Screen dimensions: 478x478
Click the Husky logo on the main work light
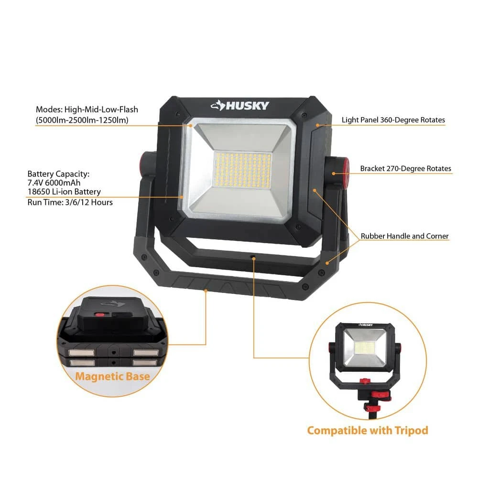tap(240, 106)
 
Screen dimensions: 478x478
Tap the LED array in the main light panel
tap(243, 170)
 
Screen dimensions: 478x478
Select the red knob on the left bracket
tap(142, 163)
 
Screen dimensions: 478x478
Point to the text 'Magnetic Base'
tap(112, 377)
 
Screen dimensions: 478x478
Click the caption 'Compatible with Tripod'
tap(368, 431)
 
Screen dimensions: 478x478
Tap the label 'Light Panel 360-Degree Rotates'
tap(393, 120)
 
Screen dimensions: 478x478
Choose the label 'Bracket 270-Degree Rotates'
tap(405, 169)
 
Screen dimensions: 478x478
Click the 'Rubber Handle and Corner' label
tap(404, 236)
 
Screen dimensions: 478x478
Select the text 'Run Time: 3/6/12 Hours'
tap(70, 202)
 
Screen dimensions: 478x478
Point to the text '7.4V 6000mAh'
tap(54, 183)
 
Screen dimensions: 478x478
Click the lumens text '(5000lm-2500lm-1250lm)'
tap(82, 120)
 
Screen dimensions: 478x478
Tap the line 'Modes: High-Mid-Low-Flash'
tap(87, 109)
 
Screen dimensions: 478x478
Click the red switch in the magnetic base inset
tap(99, 315)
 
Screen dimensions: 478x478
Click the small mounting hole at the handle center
tap(253, 258)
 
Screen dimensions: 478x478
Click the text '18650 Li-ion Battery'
tap(64, 192)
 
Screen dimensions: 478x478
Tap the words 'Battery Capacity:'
tap(58, 174)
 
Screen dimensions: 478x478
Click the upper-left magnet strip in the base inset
tap(81, 353)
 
